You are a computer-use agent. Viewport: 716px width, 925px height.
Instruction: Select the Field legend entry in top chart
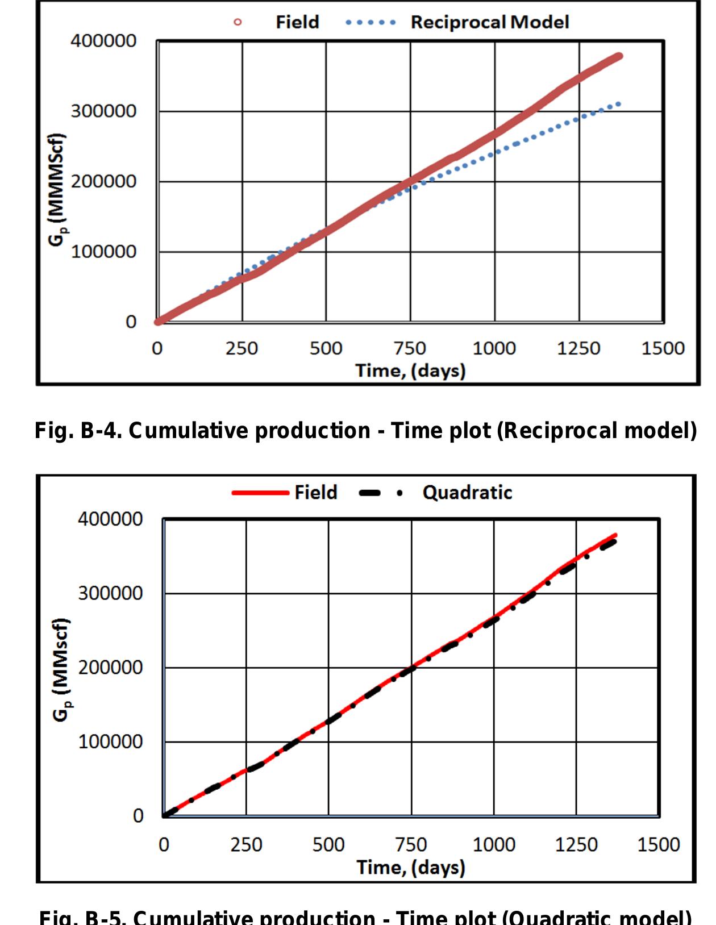click(297, 22)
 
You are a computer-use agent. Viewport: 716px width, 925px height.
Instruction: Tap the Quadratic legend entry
click(467, 492)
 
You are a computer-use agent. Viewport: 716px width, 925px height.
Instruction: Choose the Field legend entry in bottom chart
click(315, 492)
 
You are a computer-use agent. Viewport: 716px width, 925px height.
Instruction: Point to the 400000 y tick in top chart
click(103, 41)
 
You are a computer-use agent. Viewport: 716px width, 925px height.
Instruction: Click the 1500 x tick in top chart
click(663, 348)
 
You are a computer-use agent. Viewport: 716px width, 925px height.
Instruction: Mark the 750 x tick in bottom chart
click(411, 845)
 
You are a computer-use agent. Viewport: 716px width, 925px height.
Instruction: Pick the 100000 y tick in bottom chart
click(110, 742)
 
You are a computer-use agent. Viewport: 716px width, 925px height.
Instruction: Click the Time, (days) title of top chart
click(410, 371)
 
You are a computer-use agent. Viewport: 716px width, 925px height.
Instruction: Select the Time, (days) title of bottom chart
click(410, 868)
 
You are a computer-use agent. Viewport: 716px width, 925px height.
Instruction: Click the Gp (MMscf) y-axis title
click(63, 669)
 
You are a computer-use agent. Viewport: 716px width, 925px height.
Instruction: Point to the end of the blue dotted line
click(619, 104)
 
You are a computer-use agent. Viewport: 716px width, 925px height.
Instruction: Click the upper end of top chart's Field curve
click(619, 56)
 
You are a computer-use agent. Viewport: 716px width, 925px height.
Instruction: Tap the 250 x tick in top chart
click(242, 348)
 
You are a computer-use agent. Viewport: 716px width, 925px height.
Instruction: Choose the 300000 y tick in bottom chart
click(110, 594)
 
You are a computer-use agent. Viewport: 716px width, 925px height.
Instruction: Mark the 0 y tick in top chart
click(131, 322)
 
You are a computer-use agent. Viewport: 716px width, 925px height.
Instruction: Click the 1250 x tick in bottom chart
click(576, 845)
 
